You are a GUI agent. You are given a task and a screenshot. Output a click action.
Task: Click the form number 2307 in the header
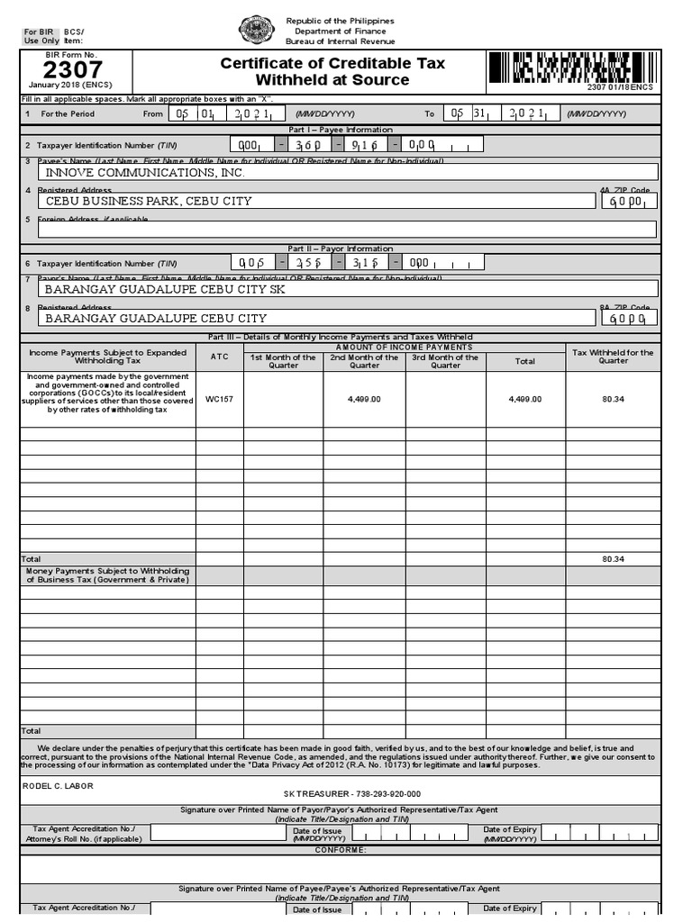73,70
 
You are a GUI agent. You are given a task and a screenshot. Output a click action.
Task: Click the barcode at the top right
571,67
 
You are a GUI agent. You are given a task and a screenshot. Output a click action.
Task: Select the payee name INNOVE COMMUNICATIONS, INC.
145,172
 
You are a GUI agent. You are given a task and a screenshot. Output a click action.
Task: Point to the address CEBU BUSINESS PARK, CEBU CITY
149,201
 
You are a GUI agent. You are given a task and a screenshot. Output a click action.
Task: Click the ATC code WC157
219,398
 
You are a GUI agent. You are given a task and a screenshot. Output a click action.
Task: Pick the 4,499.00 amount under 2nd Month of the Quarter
364,398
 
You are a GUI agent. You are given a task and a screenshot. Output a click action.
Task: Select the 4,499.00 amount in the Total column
525,398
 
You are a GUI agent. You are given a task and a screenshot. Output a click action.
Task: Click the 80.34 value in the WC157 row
614,398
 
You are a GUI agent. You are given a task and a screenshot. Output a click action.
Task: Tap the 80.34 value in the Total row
614,559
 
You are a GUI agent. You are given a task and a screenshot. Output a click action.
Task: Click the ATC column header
219,357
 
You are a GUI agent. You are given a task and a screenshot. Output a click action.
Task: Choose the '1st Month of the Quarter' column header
283,361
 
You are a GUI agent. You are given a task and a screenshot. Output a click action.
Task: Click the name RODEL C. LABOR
58,785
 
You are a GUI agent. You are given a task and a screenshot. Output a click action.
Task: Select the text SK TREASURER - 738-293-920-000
352,794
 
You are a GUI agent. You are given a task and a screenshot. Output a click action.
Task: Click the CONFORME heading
341,850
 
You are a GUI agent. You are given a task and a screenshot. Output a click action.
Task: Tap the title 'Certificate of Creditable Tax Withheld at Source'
332,71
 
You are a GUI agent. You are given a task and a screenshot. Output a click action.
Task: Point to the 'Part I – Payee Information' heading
341,130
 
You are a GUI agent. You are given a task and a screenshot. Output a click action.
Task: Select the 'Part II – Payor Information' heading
341,249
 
